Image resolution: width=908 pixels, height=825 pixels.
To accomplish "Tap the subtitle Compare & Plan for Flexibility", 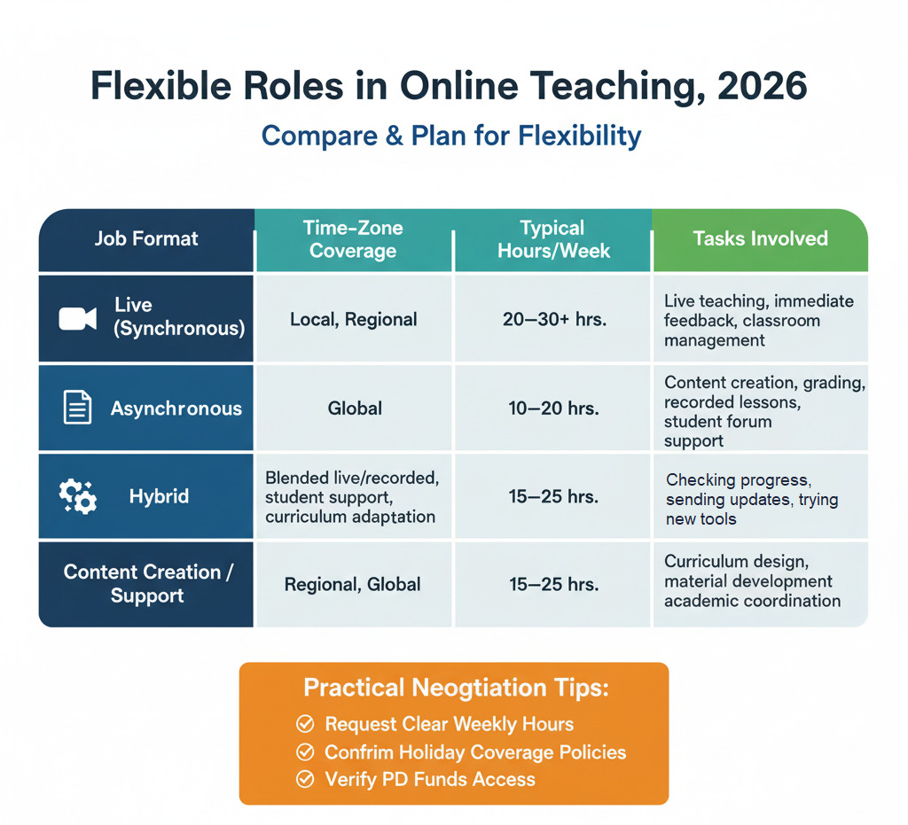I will pos(451,136).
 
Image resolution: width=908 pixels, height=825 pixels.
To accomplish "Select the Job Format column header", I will pos(146,238).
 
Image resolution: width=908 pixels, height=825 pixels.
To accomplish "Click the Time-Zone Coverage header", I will pos(353,239).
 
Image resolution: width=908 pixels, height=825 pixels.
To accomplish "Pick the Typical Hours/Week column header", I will pos(552,239).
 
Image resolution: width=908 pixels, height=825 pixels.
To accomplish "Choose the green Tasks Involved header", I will pos(760,238).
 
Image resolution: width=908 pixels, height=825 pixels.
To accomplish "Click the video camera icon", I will pos(77,318).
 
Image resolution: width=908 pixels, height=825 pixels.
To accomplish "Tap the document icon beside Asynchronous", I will pos(77,408).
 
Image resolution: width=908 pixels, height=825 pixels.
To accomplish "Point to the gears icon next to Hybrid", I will pos(77,496).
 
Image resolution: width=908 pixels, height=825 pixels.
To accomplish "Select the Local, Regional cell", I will pos(353,319).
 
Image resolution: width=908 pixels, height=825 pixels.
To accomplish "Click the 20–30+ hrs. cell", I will pos(554,319).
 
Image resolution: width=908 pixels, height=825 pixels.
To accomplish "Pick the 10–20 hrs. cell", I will pos(554,409).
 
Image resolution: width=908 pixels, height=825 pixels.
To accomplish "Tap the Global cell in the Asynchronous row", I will pos(355,409).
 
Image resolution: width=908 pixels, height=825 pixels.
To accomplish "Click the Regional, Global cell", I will pos(353,585).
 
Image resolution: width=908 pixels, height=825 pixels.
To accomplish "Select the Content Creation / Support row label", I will pos(147,584).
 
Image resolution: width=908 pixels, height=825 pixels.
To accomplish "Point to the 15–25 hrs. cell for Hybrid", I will pos(554,497).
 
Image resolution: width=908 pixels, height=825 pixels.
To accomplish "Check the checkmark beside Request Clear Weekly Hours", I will pos(305,725).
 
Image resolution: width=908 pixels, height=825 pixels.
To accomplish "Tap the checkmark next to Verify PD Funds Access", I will pos(305,780).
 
